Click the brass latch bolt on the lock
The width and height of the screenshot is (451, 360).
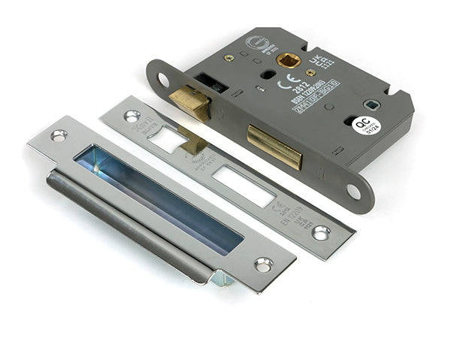click(x=190, y=103)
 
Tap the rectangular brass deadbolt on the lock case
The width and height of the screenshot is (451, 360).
click(x=274, y=145)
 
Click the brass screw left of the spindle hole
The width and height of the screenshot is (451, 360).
click(x=229, y=57)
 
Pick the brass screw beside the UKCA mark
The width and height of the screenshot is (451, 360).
click(x=310, y=72)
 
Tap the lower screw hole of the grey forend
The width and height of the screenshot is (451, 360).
click(x=354, y=192)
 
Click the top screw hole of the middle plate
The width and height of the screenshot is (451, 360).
click(x=132, y=116)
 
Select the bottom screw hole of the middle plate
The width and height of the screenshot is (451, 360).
click(x=321, y=233)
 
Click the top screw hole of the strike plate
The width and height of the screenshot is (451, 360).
click(x=59, y=135)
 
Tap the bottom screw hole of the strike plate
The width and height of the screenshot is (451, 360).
click(x=263, y=265)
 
